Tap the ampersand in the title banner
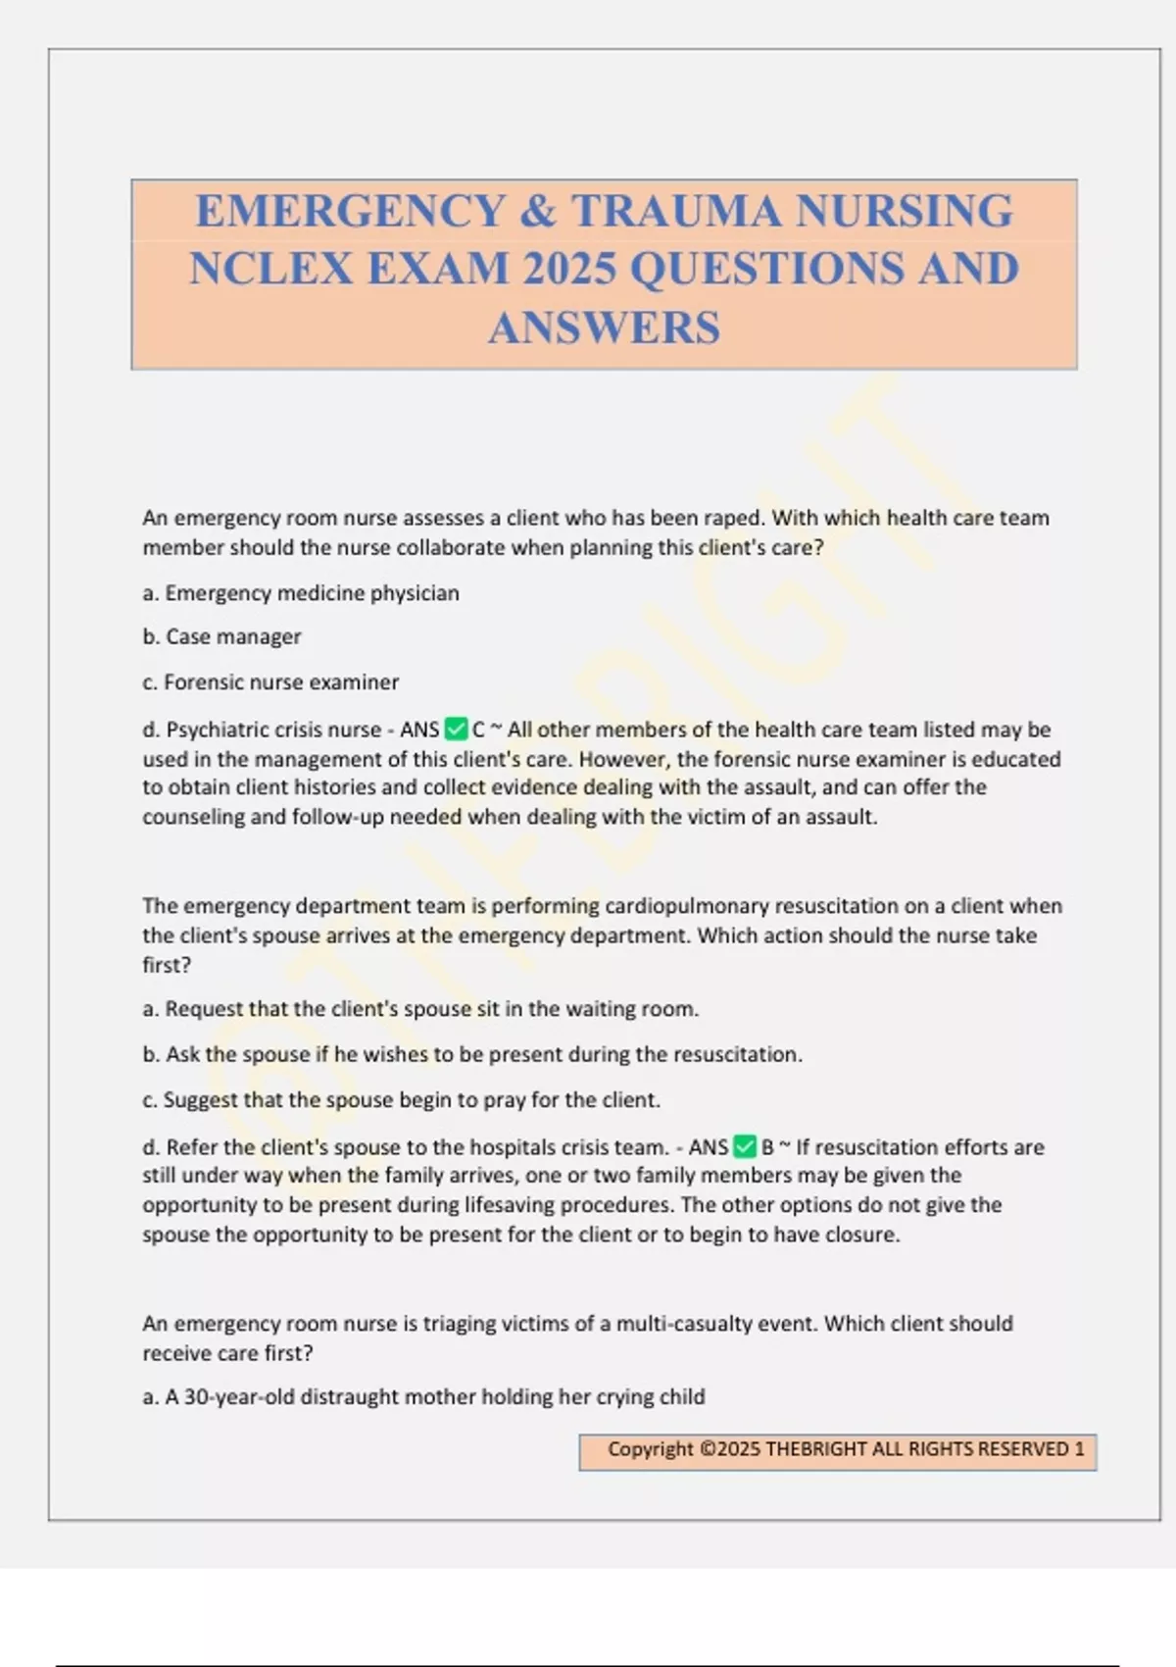pos(537,211)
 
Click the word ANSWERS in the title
pos(604,328)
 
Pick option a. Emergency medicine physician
pos(301,593)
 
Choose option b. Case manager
pos(221,637)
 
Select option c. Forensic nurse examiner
pos(270,682)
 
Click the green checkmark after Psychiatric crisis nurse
pos(456,730)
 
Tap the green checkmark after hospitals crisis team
pos(745,1146)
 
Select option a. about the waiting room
pos(420,1009)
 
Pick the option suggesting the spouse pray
pos(401,1100)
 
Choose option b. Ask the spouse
pos(472,1055)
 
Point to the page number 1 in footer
pos(1079,1449)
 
